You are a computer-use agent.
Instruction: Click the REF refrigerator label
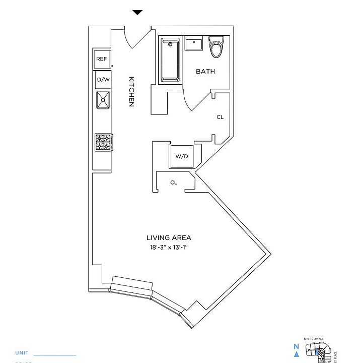click(x=102, y=59)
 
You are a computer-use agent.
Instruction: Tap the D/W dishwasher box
click(x=103, y=80)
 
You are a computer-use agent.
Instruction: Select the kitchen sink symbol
click(x=103, y=100)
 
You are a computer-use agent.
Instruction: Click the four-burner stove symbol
click(x=103, y=142)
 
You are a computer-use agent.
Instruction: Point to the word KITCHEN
click(x=131, y=91)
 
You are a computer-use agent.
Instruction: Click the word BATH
click(x=205, y=72)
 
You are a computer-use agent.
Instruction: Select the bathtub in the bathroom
click(x=170, y=60)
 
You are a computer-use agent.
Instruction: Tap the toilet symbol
click(x=217, y=47)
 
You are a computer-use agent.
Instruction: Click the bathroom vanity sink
click(x=194, y=44)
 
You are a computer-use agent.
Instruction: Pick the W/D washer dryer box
click(x=181, y=156)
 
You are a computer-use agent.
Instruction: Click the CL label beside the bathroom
click(x=220, y=117)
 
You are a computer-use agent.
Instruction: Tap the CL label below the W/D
click(x=174, y=183)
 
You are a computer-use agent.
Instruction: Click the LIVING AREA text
click(x=169, y=238)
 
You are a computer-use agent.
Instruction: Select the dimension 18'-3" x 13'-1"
click(x=172, y=248)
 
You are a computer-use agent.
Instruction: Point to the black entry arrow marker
click(x=137, y=13)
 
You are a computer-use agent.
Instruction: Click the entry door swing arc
click(x=137, y=39)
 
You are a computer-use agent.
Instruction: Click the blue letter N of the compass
click(x=296, y=346)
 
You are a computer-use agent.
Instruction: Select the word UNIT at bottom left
click(x=22, y=353)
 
